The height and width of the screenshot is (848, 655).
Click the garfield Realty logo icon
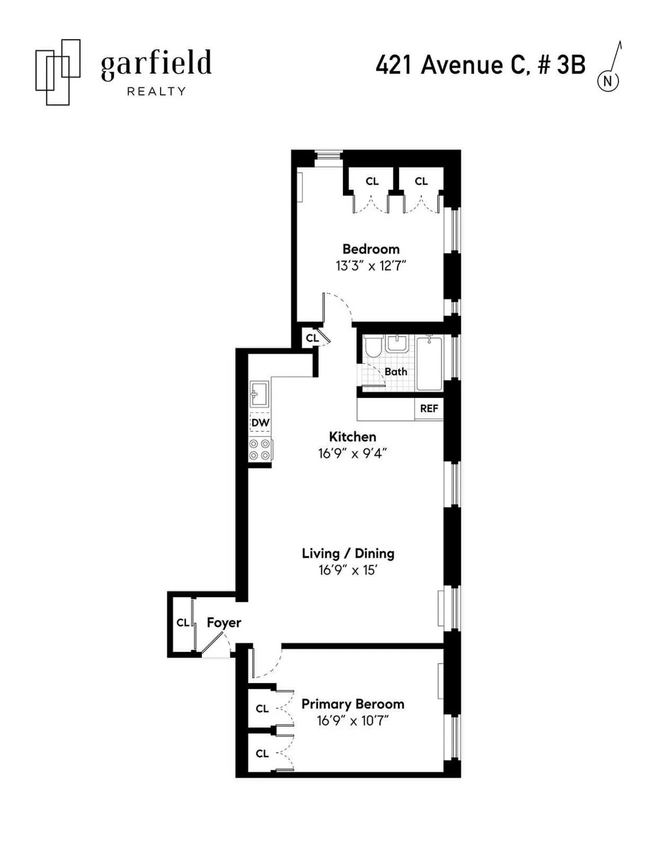pos(57,72)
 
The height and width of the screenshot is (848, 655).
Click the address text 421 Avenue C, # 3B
pos(480,66)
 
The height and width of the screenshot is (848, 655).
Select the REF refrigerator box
pos(429,408)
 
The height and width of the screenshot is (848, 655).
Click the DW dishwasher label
pos(260,423)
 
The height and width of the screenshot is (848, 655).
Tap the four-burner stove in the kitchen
pos(260,449)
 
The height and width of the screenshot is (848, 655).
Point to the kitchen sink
pos(259,393)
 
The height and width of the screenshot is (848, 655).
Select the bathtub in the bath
pos(429,363)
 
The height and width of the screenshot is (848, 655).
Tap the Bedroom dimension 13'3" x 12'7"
pos(371,266)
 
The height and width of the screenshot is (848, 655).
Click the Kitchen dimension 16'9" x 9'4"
pos(353,454)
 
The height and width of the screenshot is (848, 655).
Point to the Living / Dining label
pos(348,553)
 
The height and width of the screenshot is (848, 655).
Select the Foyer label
pos(224,622)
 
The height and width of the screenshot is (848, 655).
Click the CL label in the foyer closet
pos(182,622)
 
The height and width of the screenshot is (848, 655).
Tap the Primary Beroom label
pos(353,704)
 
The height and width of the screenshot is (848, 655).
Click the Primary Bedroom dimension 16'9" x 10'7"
pos(353,721)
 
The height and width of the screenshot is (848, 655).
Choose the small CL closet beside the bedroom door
pos(312,338)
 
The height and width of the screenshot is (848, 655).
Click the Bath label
pos(396,372)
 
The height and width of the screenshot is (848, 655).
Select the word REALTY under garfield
pos(156,92)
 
